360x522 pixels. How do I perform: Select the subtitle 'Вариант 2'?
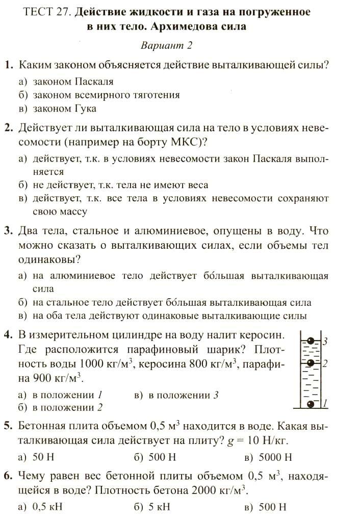coord(166,45)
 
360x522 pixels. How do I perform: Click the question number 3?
coord(9,231)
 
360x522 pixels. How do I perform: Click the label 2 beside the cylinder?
coord(324,364)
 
